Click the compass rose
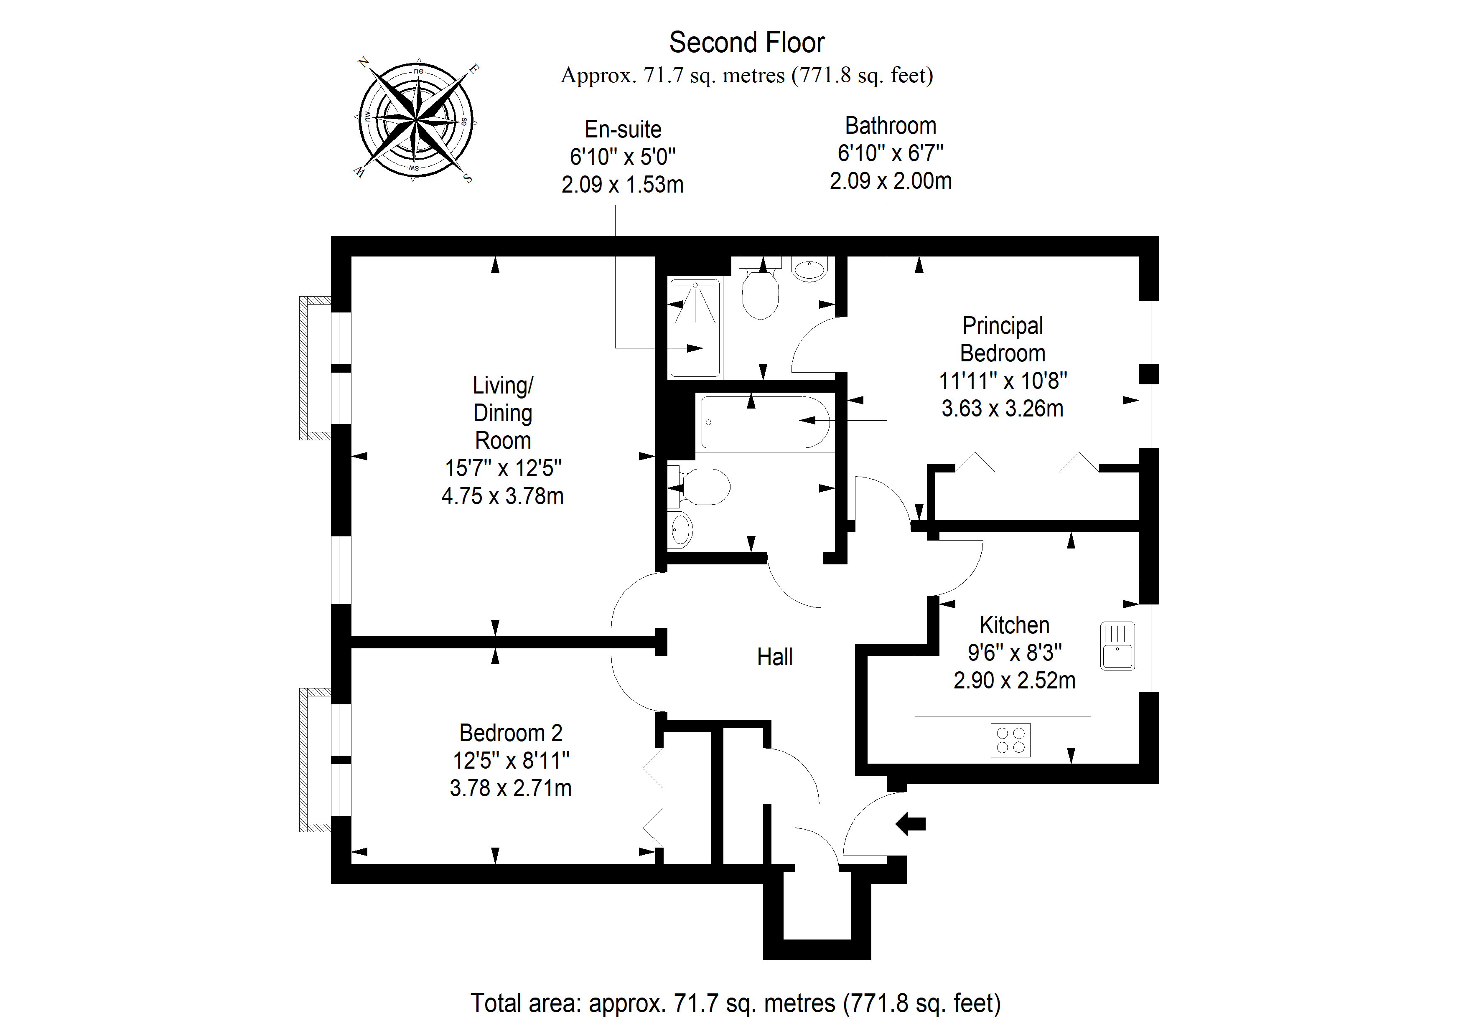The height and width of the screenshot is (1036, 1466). pyautogui.click(x=416, y=119)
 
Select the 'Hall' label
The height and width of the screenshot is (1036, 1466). pyautogui.click(x=774, y=657)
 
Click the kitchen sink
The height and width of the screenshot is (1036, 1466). pyautogui.click(x=1117, y=646)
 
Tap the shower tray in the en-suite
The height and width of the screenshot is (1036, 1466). pyautogui.click(x=695, y=328)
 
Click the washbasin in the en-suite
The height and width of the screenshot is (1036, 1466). pyautogui.click(x=809, y=269)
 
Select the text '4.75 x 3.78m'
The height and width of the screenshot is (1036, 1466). pyautogui.click(x=502, y=496)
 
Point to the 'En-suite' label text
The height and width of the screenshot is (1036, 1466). pyautogui.click(x=623, y=129)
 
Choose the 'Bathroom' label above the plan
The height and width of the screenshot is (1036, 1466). pyautogui.click(x=891, y=126)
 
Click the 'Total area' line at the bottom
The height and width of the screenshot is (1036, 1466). pyautogui.click(x=736, y=1003)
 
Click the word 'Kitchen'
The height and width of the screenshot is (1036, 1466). pyautogui.click(x=1015, y=625)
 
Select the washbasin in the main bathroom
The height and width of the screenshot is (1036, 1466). pyautogui.click(x=681, y=529)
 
